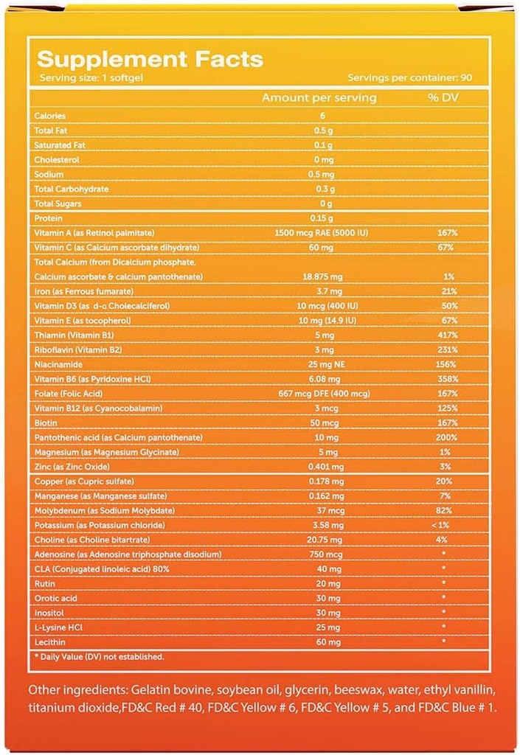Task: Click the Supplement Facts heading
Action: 150,59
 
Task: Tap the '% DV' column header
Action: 444,97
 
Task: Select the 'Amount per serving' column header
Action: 319,97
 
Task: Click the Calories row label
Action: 50,116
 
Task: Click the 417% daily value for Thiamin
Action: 447,335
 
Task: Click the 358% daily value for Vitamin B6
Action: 447,379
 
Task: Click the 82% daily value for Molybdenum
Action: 447,510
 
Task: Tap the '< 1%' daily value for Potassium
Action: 446,525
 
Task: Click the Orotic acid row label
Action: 53,598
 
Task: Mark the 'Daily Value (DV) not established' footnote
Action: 100,656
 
